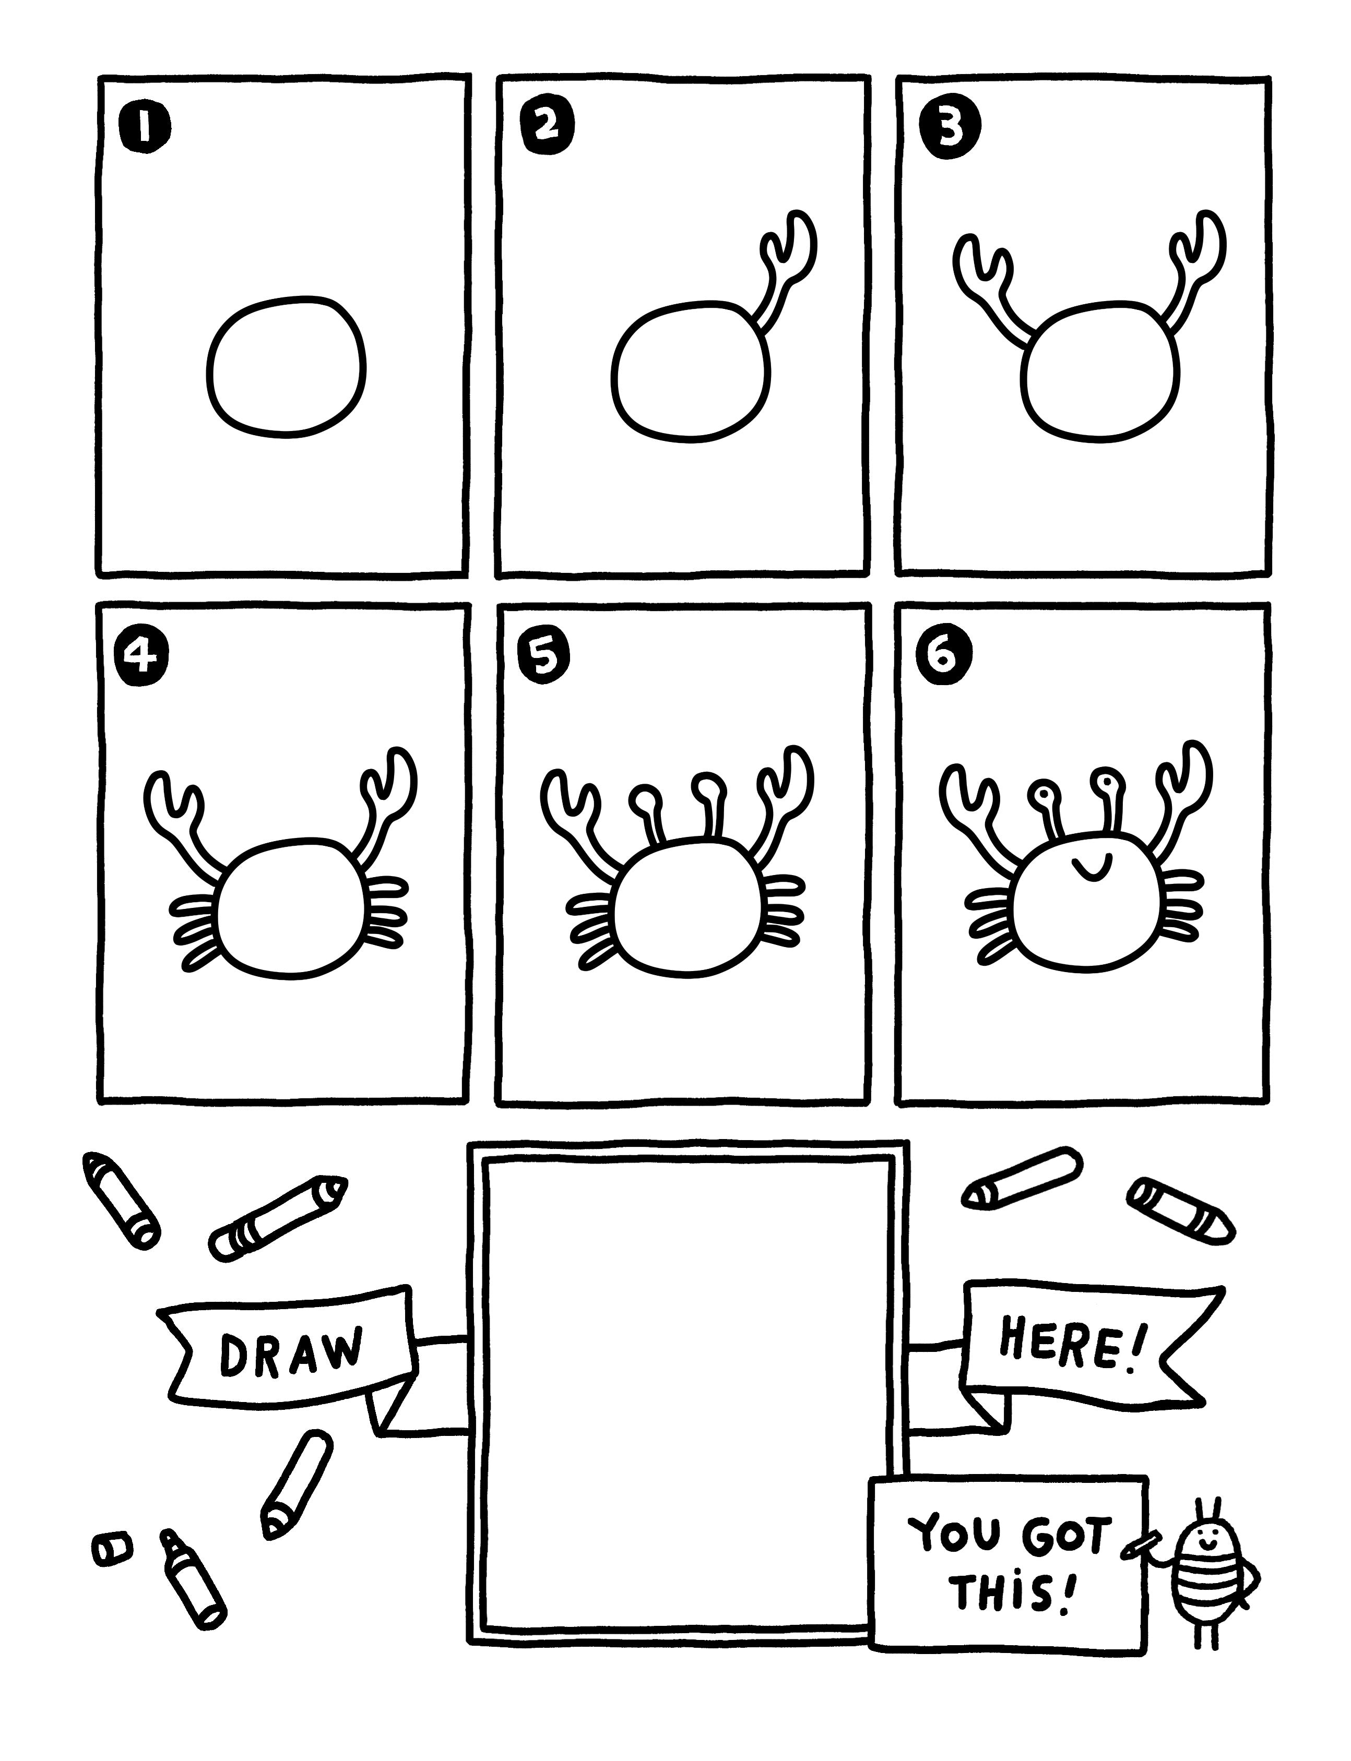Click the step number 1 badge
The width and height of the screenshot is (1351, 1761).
click(144, 126)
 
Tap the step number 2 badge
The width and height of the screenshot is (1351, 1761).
click(544, 126)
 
